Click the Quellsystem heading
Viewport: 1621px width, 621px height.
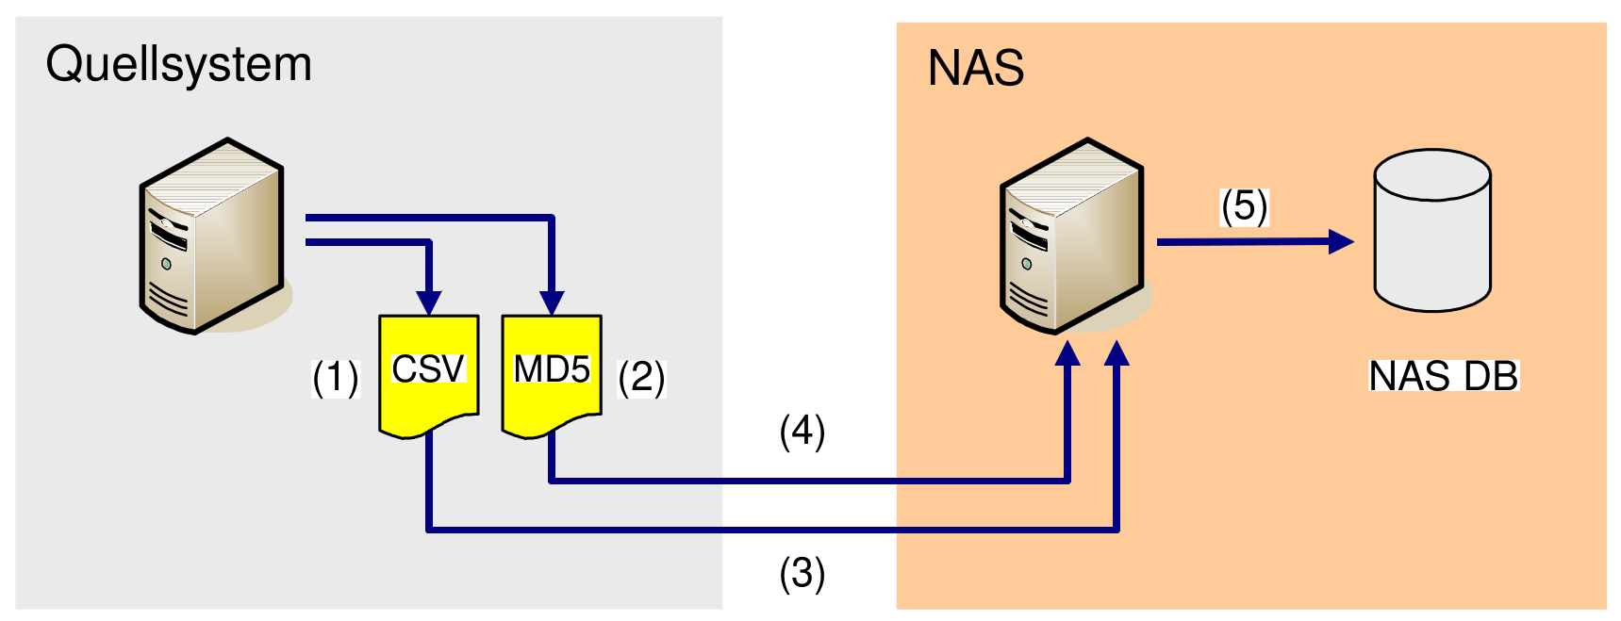(x=178, y=65)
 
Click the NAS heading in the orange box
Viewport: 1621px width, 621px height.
(x=975, y=68)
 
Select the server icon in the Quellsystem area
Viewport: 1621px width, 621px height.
(x=212, y=236)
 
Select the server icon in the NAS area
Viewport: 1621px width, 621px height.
(x=1072, y=236)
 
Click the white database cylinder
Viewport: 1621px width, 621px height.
(x=1431, y=230)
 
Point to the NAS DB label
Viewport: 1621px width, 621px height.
(x=1443, y=376)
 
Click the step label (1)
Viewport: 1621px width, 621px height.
(x=335, y=379)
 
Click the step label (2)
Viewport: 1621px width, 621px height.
(x=641, y=379)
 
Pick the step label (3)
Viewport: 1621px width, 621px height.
(x=802, y=573)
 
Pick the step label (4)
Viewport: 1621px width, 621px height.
(x=802, y=432)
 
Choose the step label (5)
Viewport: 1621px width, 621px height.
(x=1244, y=206)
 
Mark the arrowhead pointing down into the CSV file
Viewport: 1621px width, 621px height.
(x=429, y=302)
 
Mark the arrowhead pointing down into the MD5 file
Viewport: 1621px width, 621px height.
(x=552, y=302)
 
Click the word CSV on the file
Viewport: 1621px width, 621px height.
(x=428, y=369)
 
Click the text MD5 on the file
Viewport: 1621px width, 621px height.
(x=552, y=369)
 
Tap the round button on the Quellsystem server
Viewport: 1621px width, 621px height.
(x=166, y=264)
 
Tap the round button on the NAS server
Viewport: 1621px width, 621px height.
(x=1026, y=264)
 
